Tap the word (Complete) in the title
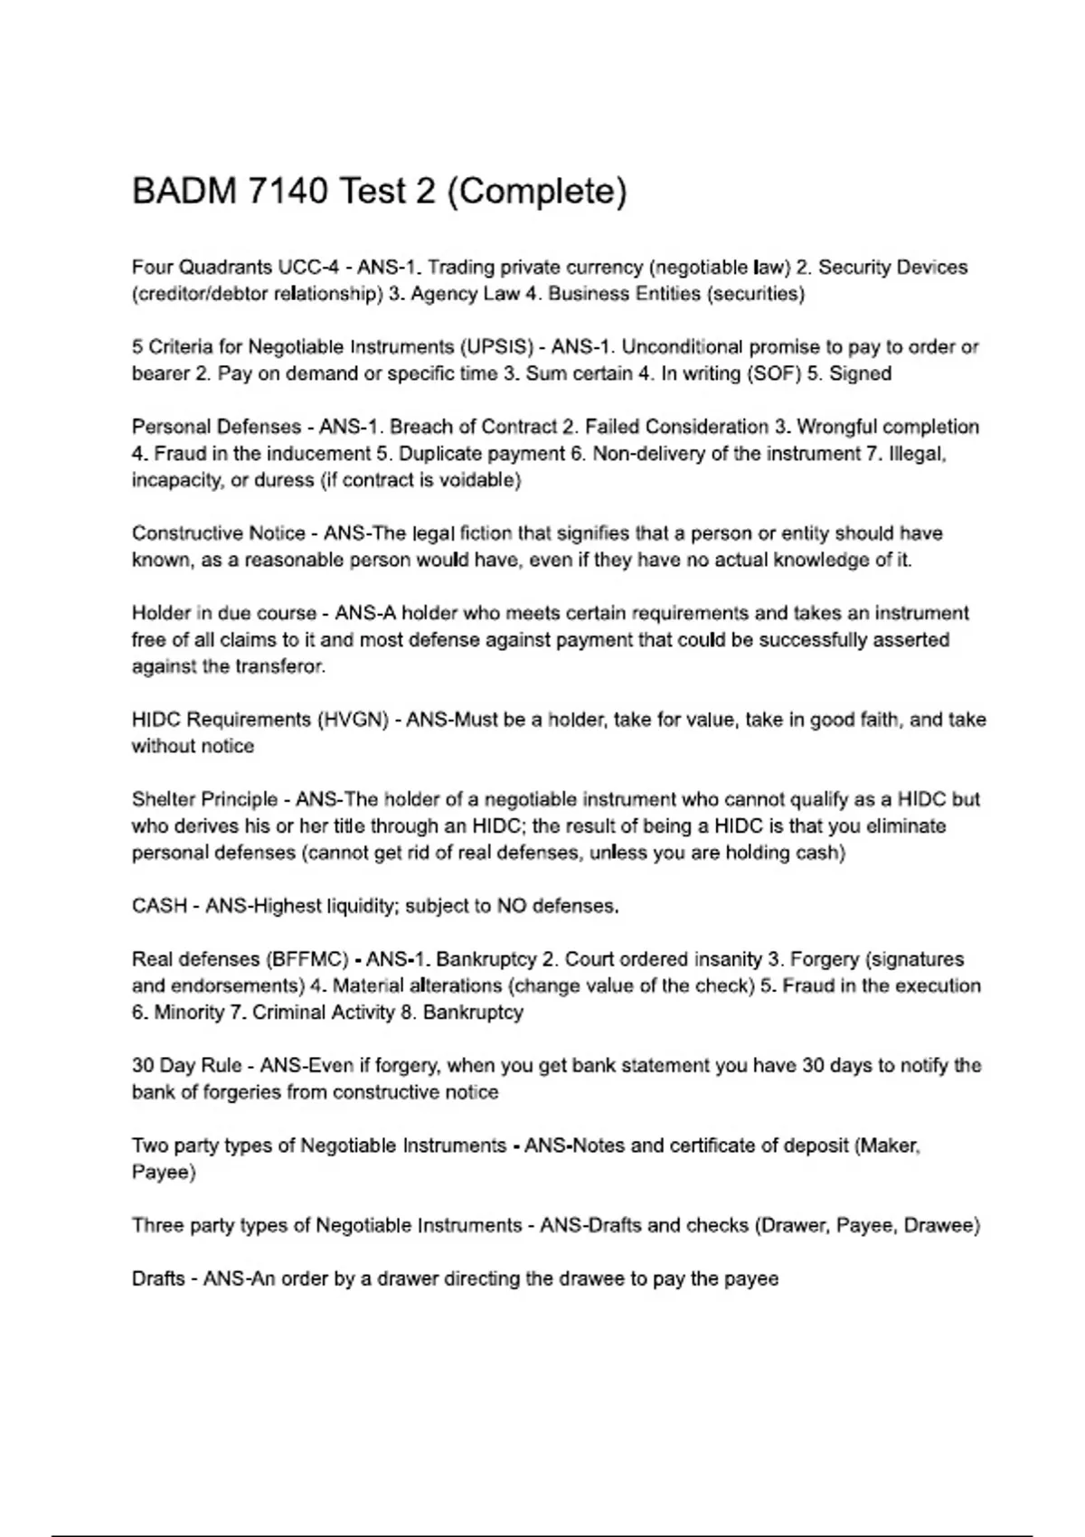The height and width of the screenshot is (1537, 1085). coord(536,192)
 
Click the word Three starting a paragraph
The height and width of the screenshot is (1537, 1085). coord(156,1226)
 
